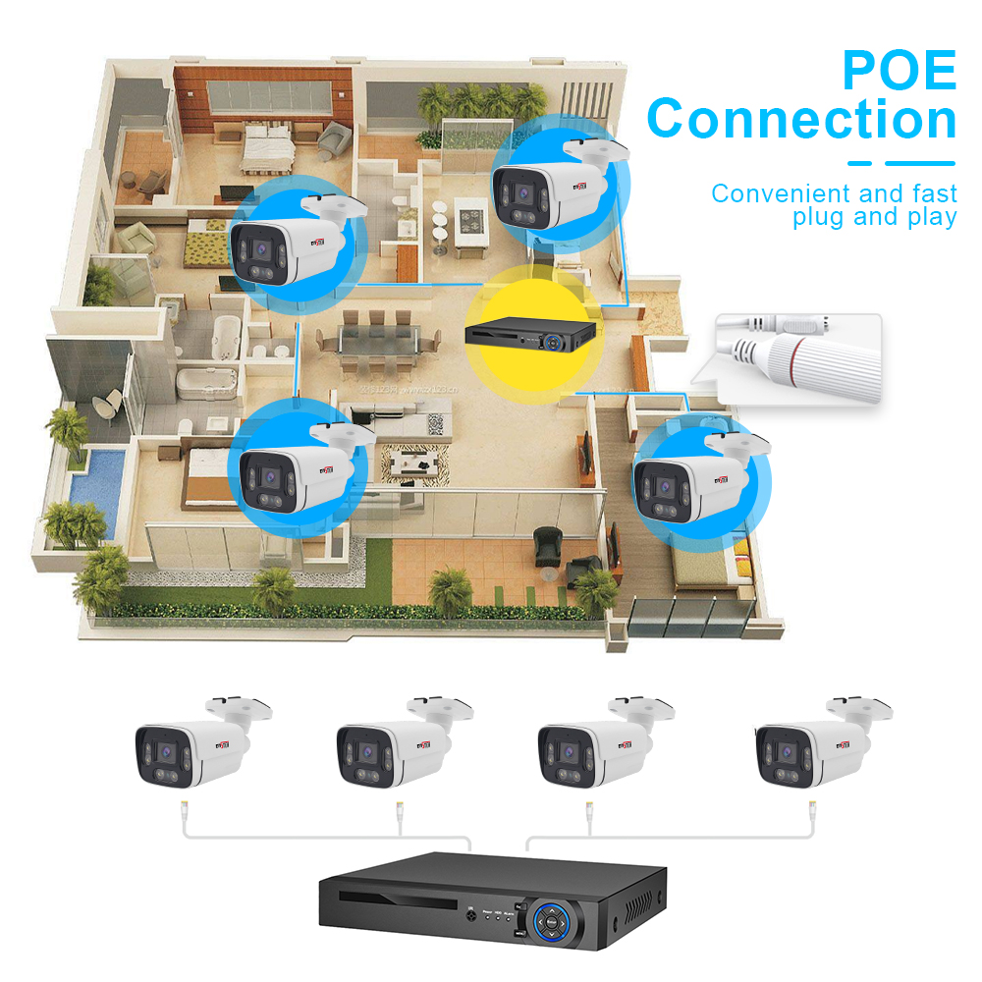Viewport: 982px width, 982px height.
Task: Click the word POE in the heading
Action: click(900, 71)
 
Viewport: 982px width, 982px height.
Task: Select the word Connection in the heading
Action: click(801, 120)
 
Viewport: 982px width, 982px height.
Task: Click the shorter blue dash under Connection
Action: click(860, 163)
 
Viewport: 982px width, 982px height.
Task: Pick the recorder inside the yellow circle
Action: click(531, 335)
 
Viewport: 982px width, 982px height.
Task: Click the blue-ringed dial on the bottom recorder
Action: click(552, 922)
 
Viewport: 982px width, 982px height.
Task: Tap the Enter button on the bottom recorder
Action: click(552, 922)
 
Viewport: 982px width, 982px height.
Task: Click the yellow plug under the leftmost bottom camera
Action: click(184, 811)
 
